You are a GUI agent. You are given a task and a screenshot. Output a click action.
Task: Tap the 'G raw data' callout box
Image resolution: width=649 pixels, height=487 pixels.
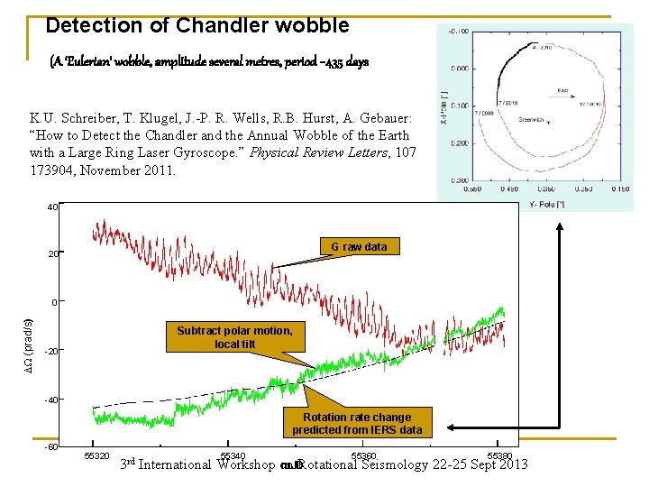pyautogui.click(x=359, y=246)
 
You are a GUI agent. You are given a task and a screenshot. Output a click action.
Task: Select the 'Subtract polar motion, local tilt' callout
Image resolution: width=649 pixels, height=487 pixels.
pyautogui.click(x=234, y=337)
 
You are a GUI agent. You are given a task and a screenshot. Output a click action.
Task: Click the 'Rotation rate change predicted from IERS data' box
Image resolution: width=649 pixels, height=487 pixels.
pyautogui.click(x=356, y=423)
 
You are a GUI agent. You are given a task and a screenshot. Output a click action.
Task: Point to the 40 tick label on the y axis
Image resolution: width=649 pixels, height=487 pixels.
pyautogui.click(x=53, y=207)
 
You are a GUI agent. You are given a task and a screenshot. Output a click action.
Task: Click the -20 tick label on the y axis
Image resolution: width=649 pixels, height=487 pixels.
pyautogui.click(x=51, y=351)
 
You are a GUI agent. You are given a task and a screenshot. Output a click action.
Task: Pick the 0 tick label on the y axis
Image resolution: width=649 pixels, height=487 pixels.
pyautogui.click(x=54, y=302)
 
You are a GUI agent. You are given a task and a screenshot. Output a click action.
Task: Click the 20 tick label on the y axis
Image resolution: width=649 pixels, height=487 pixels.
pyautogui.click(x=53, y=254)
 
